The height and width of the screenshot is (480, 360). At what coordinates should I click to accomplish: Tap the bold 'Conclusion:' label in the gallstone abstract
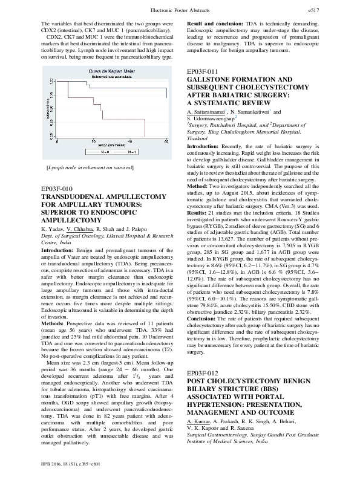(203, 320)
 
